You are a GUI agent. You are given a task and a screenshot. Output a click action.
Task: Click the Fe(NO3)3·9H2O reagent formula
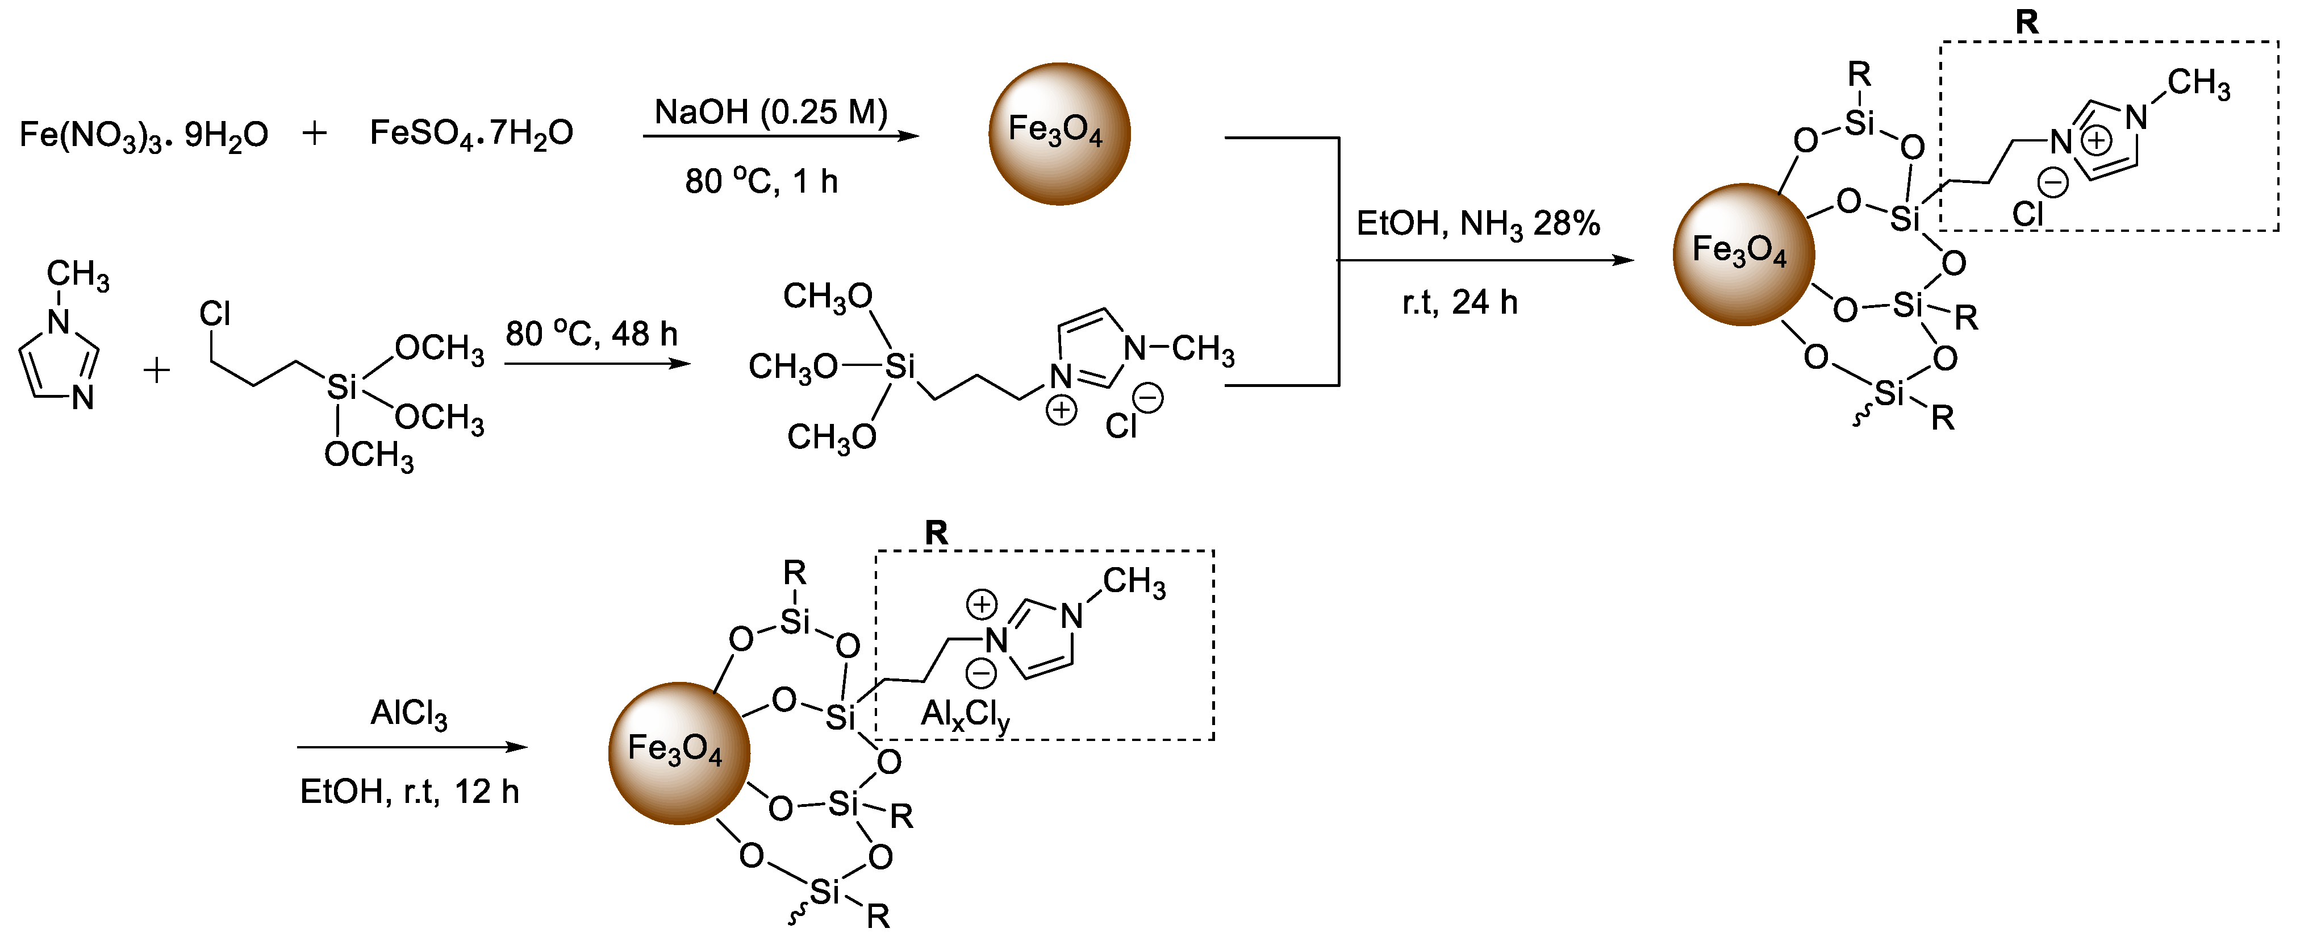point(143,134)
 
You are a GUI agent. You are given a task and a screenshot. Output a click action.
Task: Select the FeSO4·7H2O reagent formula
point(471,133)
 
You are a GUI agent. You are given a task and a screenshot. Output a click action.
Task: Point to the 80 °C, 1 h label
point(761,181)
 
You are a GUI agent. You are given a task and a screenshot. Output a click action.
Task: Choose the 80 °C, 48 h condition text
point(591,334)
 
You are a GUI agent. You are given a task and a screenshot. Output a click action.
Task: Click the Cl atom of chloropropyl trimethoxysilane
point(214,314)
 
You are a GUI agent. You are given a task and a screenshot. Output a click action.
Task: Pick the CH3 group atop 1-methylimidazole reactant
point(78,274)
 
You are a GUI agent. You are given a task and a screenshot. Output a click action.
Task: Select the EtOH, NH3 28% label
point(1477,223)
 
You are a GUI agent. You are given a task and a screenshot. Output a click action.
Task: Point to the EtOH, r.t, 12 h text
point(409,792)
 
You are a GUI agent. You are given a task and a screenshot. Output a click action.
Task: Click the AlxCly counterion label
point(965,714)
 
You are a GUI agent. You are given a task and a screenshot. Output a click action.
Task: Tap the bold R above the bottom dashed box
point(936,532)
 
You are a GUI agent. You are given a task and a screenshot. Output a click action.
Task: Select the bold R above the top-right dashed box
point(2027,22)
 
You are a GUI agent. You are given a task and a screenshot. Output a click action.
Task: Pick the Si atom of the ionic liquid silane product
point(899,366)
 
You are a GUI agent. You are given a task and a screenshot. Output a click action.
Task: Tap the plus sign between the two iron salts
point(314,133)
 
